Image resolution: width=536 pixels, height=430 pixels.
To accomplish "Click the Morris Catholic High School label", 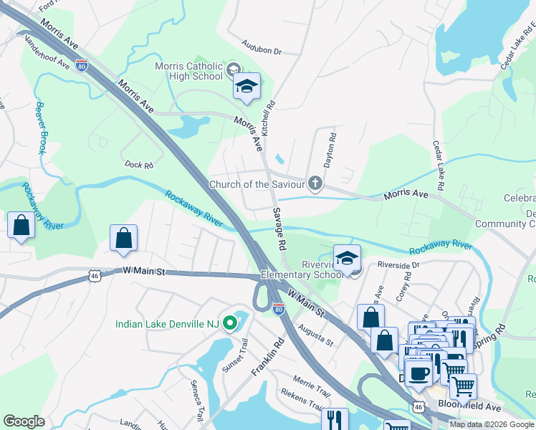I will click(x=189, y=72).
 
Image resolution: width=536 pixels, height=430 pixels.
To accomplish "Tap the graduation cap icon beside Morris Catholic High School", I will click(x=246, y=87).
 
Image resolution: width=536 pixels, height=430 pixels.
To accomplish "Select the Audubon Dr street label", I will click(x=262, y=52).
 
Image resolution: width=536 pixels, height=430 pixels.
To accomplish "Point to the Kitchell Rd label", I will click(x=268, y=118).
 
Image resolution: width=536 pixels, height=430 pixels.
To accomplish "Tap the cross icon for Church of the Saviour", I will click(x=314, y=184).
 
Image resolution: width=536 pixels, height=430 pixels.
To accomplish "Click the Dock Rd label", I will click(x=139, y=165).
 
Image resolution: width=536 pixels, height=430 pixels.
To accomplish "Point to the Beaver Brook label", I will click(x=42, y=128).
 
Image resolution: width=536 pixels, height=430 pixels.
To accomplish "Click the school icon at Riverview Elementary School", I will click(x=347, y=258).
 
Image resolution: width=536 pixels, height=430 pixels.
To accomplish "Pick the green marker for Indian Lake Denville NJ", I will click(x=229, y=324).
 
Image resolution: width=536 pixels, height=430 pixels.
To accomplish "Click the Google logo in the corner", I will click(x=24, y=421).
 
